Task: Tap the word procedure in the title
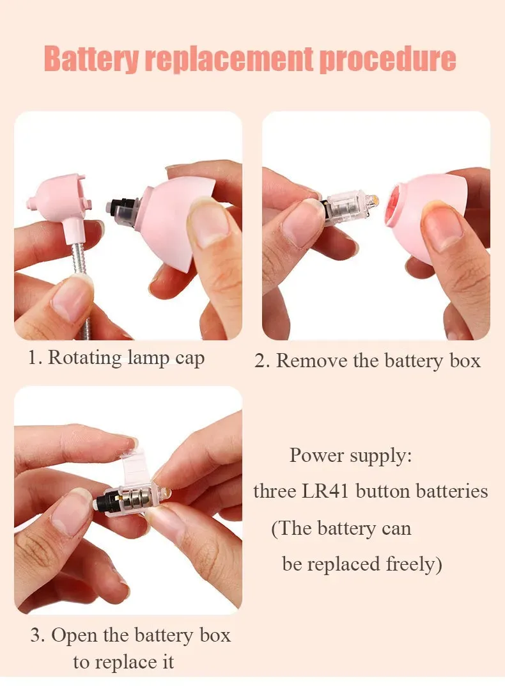[387, 59]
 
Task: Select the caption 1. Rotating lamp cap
[116, 358]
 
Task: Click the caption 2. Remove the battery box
[368, 361]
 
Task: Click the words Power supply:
[350, 456]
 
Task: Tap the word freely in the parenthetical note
[414, 565]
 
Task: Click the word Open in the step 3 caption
[71, 636]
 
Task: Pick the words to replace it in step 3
[123, 662]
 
